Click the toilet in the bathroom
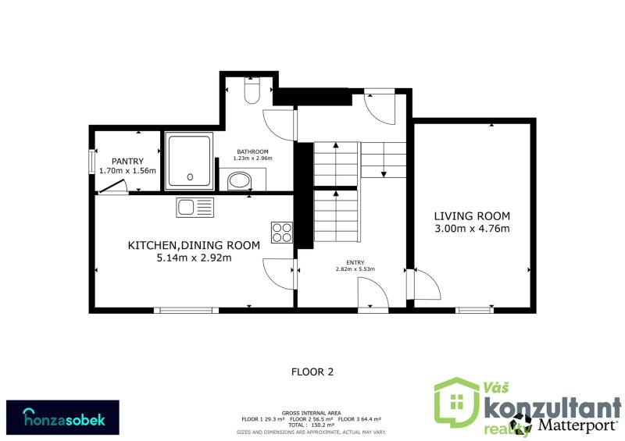click(x=252, y=91)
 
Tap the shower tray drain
click(x=190, y=177)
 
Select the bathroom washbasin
click(x=240, y=181)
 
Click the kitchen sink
click(x=195, y=208)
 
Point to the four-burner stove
click(x=282, y=233)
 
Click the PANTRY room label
click(x=127, y=162)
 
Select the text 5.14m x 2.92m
click(x=194, y=258)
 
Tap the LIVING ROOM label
click(x=472, y=216)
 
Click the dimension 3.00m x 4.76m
click(x=472, y=229)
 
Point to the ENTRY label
click(x=355, y=262)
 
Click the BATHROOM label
click(x=252, y=151)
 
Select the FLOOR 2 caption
click(x=312, y=372)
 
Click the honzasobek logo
click(x=63, y=418)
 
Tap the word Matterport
click(x=577, y=425)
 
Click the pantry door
click(x=112, y=186)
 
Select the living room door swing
click(x=427, y=284)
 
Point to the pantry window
click(x=92, y=162)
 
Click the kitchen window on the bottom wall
click(x=186, y=310)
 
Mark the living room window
click(x=474, y=310)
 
